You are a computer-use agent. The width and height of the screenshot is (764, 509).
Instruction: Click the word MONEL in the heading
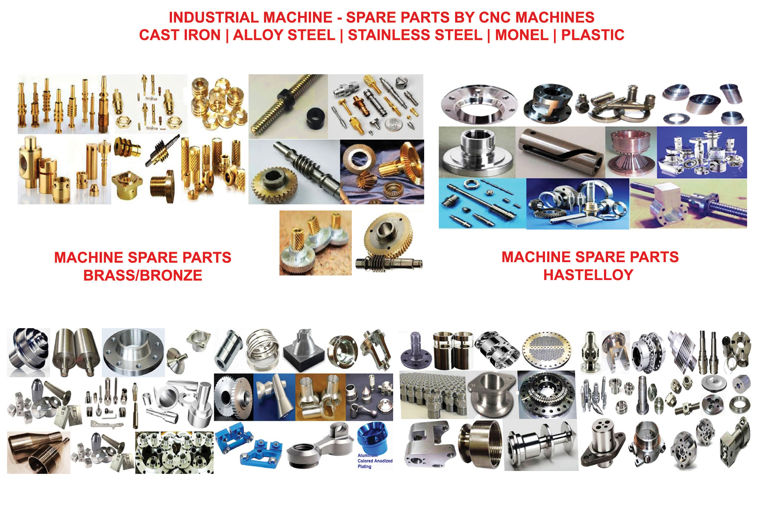click(522, 35)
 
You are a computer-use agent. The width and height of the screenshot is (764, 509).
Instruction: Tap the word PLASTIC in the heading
click(593, 35)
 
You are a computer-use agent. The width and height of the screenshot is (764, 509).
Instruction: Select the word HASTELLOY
click(588, 275)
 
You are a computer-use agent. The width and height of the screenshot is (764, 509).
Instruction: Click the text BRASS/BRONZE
click(143, 275)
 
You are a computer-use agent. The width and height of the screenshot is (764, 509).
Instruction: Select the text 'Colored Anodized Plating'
click(375, 464)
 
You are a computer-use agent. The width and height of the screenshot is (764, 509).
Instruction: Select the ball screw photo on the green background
click(688, 203)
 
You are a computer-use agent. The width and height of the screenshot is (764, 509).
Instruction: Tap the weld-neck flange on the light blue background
click(133, 352)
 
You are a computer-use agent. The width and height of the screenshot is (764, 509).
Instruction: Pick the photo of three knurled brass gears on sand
click(316, 243)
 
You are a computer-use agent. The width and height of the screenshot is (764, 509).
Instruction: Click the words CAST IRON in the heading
click(180, 35)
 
